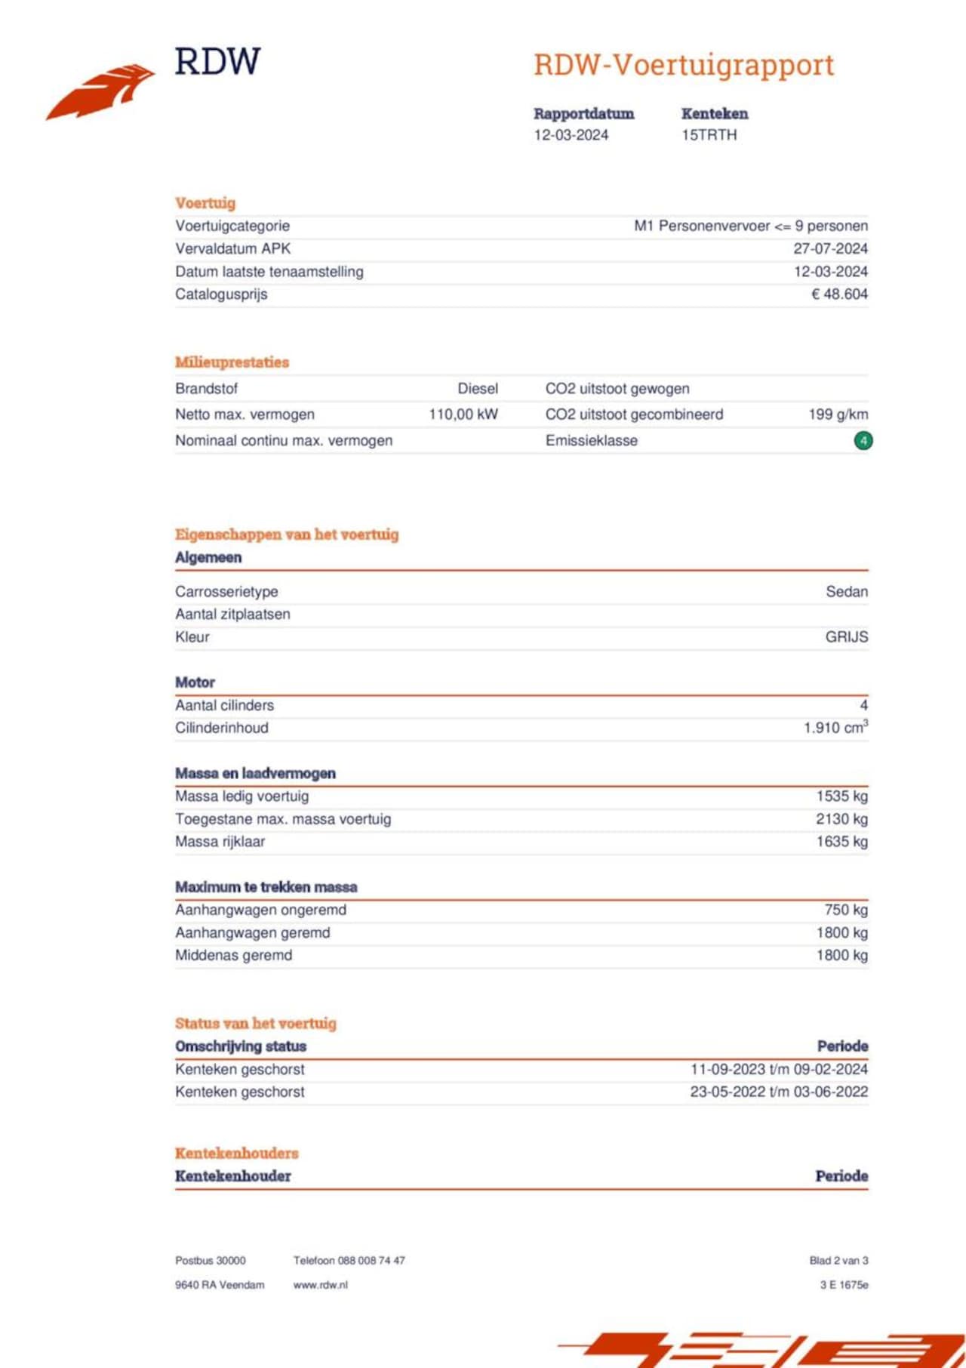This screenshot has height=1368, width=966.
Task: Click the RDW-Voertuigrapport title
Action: [x=684, y=65]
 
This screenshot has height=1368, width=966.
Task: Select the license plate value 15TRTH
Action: [x=709, y=135]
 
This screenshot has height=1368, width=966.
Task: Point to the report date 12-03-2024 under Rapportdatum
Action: [x=571, y=135]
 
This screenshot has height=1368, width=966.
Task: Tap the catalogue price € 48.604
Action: [x=839, y=294]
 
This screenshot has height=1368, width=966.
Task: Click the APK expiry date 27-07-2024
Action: [x=830, y=248]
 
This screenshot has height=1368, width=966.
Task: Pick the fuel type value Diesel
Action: [x=478, y=389]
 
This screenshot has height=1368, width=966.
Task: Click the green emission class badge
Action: [x=863, y=440]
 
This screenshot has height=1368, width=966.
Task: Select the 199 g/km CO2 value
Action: [x=838, y=414]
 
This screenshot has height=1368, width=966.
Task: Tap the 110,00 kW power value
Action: [x=463, y=414]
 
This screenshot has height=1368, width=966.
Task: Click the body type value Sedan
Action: [x=846, y=592]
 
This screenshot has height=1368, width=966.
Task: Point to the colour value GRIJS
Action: [x=846, y=637]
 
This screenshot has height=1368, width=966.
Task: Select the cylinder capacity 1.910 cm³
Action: [x=835, y=728]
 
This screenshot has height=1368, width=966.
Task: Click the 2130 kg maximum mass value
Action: [x=841, y=819]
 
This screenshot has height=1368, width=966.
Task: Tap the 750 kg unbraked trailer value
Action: [x=846, y=910]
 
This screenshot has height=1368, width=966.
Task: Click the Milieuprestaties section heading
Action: [x=232, y=362]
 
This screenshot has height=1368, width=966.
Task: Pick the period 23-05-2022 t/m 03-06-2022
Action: [x=778, y=1092]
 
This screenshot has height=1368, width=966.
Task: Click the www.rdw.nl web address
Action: [x=320, y=1285]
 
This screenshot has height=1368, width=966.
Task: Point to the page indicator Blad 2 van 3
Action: [x=838, y=1260]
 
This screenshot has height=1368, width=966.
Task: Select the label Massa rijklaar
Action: [x=220, y=842]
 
